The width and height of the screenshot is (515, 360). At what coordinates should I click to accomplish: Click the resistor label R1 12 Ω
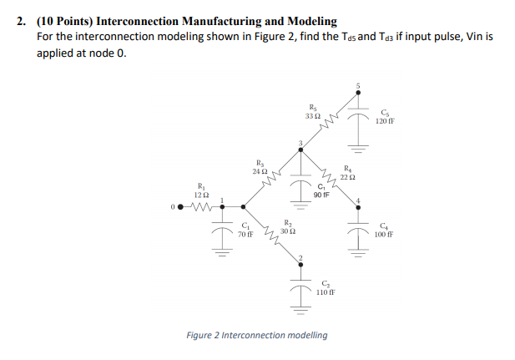click(x=199, y=190)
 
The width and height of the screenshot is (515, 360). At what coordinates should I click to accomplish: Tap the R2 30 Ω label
click(x=288, y=226)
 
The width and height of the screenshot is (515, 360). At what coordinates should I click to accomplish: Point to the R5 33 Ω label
click(x=312, y=111)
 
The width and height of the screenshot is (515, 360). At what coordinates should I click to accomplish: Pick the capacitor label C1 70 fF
click(x=245, y=231)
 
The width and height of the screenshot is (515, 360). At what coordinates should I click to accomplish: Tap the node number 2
click(x=300, y=256)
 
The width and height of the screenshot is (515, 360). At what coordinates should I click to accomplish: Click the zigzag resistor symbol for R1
click(x=200, y=205)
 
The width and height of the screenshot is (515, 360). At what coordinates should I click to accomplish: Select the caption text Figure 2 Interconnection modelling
click(x=256, y=335)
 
